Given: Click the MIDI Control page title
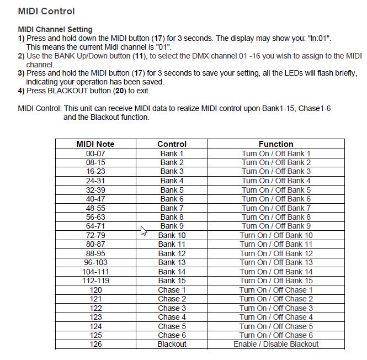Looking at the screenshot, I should pos(46,11).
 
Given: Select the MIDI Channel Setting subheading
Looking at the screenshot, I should pos(55,29).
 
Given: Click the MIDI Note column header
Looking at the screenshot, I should pos(95,144).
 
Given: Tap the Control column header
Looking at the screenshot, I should pos(172,144).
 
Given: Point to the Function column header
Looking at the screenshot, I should pos(276,144).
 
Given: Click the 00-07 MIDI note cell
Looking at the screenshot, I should pos(95,153).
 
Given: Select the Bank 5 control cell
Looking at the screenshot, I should pos(172,190).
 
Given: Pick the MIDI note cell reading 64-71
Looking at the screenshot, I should pos(95,226).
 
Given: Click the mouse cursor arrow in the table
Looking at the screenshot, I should pos(143,231).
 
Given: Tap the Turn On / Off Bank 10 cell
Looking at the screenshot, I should pos(276,235).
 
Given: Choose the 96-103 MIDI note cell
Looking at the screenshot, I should pos(95,262).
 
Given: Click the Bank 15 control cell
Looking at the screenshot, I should pos(172,280).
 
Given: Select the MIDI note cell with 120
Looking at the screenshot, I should pos(95,290).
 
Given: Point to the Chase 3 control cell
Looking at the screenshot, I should pos(172,308).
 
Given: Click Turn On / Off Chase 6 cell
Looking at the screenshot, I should pos(276,335).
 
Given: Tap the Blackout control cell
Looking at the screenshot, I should pos(172,344).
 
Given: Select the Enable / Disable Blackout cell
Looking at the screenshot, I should pos(276,344).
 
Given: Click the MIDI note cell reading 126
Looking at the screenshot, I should pos(95,344).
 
